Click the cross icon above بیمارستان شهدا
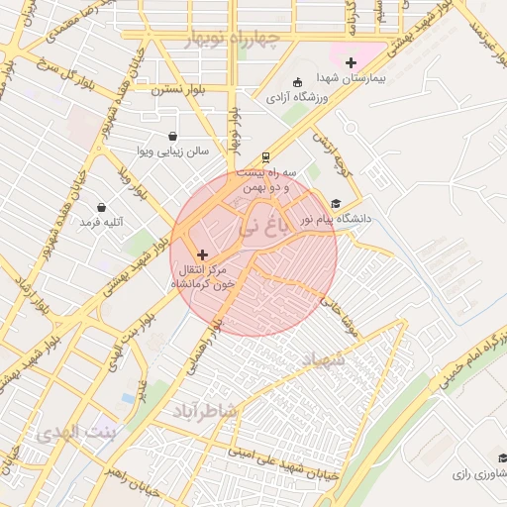tap(350, 62)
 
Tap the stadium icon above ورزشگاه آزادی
tap(299, 83)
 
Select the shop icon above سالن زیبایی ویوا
tap(173, 137)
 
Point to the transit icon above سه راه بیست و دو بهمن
tap(265, 157)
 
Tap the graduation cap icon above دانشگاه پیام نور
tap(336, 203)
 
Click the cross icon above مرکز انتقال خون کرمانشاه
tap(203, 254)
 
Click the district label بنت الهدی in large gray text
tap(75, 434)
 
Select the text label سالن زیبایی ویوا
tap(173, 152)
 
